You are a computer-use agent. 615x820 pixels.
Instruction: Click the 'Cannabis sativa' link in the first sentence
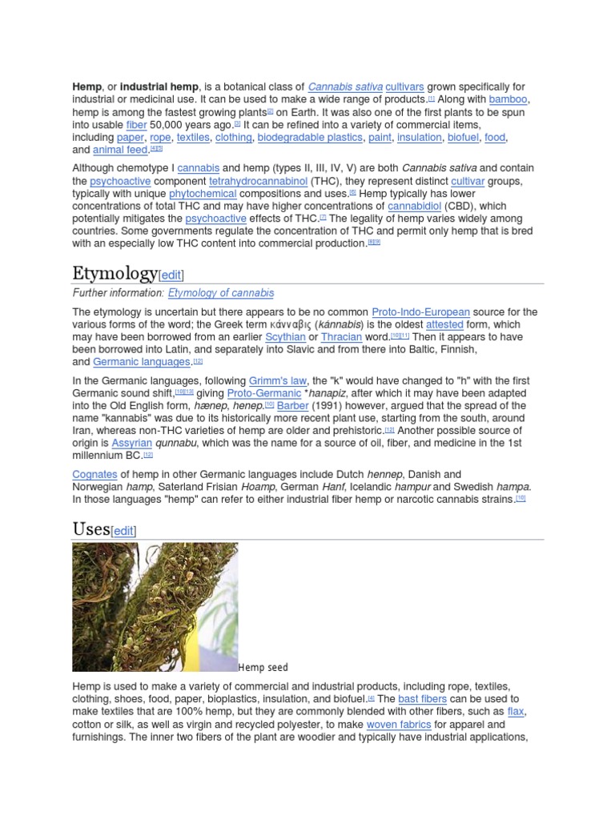coord(345,86)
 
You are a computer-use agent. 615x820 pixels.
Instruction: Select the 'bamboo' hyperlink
coord(508,99)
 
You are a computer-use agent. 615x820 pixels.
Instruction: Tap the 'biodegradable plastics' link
coord(310,138)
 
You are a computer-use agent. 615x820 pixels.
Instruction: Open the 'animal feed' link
coord(120,151)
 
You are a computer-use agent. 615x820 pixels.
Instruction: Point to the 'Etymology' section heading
coord(115,274)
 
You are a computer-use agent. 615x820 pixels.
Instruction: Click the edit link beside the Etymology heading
coord(171,275)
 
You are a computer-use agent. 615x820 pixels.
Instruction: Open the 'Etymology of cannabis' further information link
coord(221,293)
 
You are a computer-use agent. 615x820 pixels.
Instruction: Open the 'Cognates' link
coord(95,475)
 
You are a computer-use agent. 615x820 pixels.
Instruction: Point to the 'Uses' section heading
coord(90,529)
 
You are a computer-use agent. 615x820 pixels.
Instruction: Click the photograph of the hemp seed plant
coord(155,607)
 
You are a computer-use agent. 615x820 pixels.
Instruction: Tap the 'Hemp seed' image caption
coord(263,668)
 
